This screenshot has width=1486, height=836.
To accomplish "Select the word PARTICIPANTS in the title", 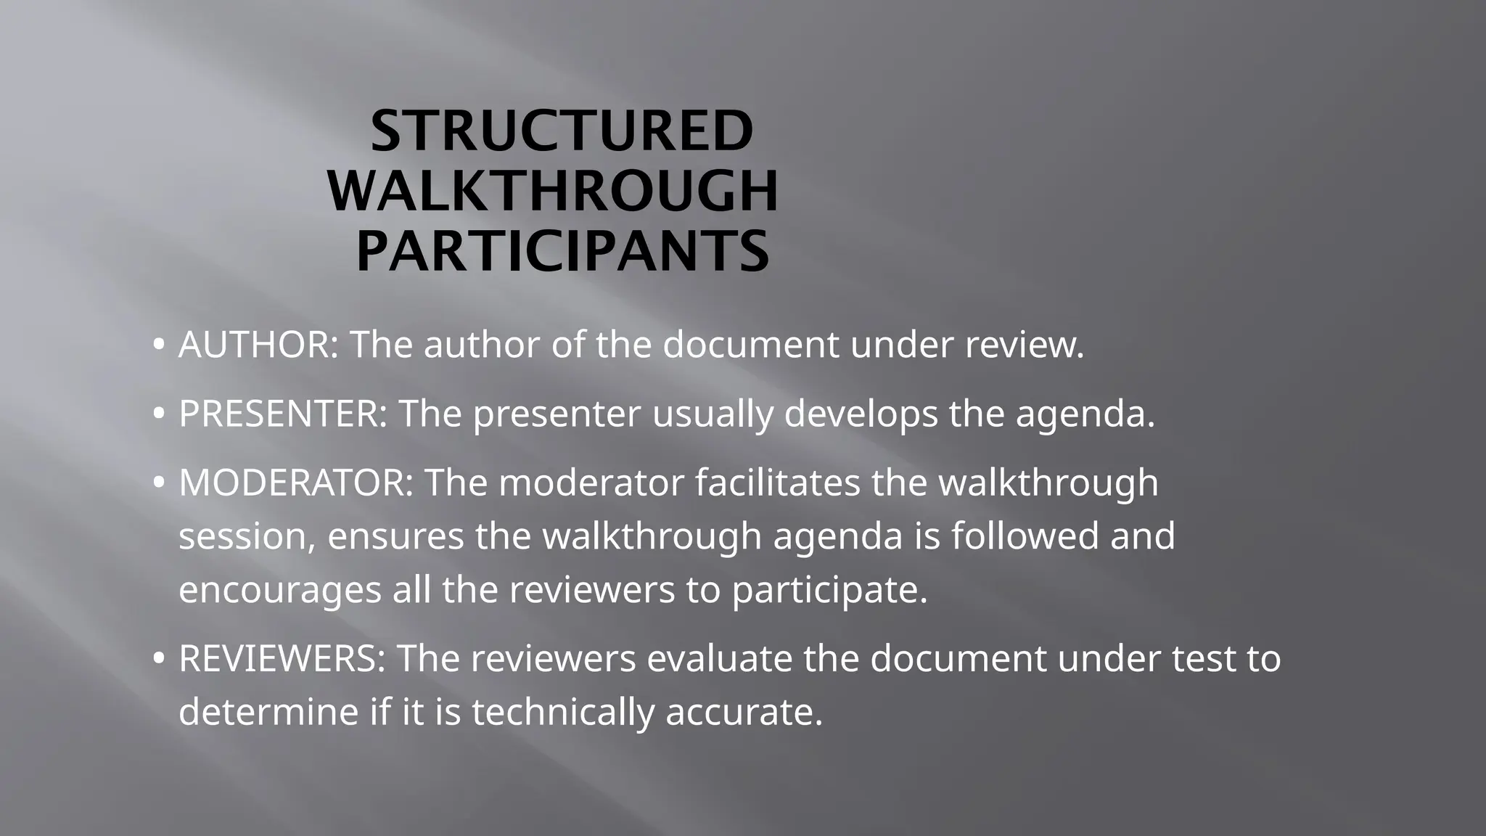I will click(562, 250).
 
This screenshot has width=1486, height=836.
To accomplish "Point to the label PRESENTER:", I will click(283, 414).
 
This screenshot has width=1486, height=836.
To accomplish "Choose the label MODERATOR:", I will click(296, 483).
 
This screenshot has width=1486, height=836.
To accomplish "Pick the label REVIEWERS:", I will click(282, 658).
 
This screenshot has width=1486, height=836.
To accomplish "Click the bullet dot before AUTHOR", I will click(158, 345).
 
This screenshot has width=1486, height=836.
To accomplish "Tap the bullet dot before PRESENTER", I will click(158, 415).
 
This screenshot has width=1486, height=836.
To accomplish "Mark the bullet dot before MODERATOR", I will click(158, 484).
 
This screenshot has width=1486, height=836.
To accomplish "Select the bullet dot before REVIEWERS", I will click(158, 660).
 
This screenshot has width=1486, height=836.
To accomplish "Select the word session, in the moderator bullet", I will click(247, 537).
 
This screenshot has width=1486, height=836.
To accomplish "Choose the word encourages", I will click(279, 591).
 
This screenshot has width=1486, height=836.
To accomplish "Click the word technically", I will click(563, 712).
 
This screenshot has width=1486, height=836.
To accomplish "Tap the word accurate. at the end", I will click(744, 712).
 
